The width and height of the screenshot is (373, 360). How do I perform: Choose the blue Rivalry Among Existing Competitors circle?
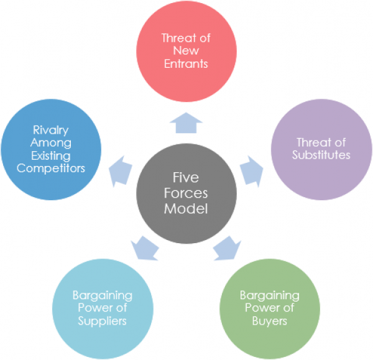(51, 149)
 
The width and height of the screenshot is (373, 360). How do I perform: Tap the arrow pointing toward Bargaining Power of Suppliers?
(145, 247)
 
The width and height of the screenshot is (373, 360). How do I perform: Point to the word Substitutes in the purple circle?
(321, 154)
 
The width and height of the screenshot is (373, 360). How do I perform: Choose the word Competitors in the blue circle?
(51, 168)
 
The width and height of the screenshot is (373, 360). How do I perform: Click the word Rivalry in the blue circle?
(51, 131)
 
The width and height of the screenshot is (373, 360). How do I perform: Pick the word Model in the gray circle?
(185, 208)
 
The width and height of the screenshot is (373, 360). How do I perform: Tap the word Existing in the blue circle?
(51, 155)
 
